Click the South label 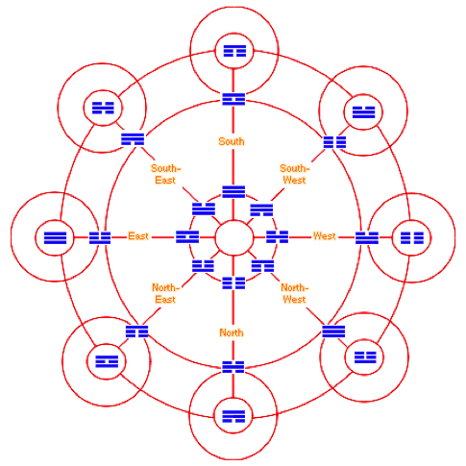coord(232,141)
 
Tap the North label coord(232,332)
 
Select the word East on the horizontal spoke coord(138,236)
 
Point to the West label coord(325,236)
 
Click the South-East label coord(165,174)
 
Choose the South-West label coord(295,174)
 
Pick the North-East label coord(165,293)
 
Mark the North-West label coord(295,293)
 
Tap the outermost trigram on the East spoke coord(55,237)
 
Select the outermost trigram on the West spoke coord(412,237)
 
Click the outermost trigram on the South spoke coord(234,51)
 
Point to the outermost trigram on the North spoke coord(233,416)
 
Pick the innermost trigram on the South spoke coord(233,191)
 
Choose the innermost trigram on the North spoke coord(233,283)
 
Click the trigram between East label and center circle coord(187,237)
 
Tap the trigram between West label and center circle coord(278,237)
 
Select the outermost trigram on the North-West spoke coord(365,357)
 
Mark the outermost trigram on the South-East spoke coord(103,108)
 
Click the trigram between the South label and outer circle coord(233,99)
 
